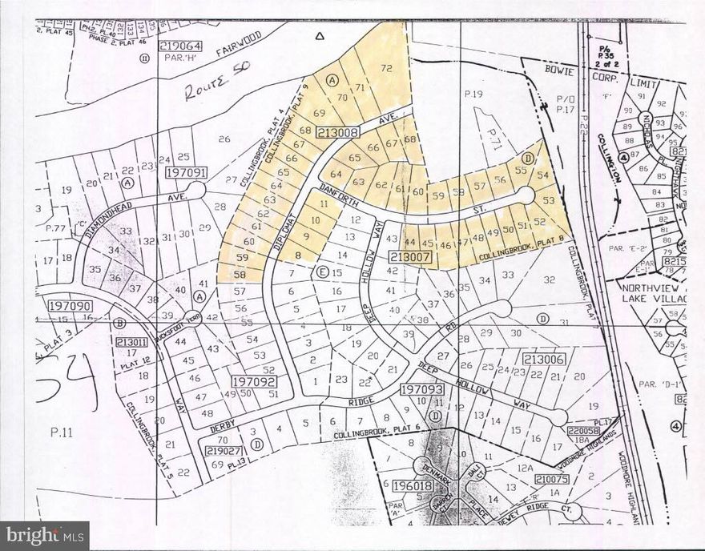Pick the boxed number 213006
tap(545, 360)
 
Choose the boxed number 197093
tap(421, 390)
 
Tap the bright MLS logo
tap(45, 533)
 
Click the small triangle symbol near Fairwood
tap(319, 36)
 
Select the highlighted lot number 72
tap(387, 69)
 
